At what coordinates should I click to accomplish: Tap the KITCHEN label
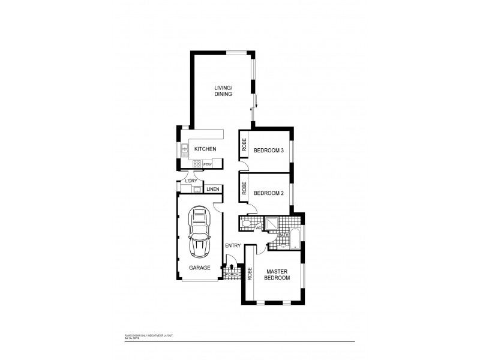[205, 149]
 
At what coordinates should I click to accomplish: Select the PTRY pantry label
[208, 164]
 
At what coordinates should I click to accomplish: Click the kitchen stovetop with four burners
[196, 164]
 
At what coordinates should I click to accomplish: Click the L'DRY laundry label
[191, 181]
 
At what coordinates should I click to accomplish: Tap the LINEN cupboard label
[213, 190]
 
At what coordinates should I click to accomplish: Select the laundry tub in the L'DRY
[196, 190]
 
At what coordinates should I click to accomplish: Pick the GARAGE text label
[200, 268]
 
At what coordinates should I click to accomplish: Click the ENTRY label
[233, 245]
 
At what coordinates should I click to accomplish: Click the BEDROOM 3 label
[268, 150]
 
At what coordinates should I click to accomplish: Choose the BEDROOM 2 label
[268, 193]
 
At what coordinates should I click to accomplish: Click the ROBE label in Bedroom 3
[244, 144]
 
